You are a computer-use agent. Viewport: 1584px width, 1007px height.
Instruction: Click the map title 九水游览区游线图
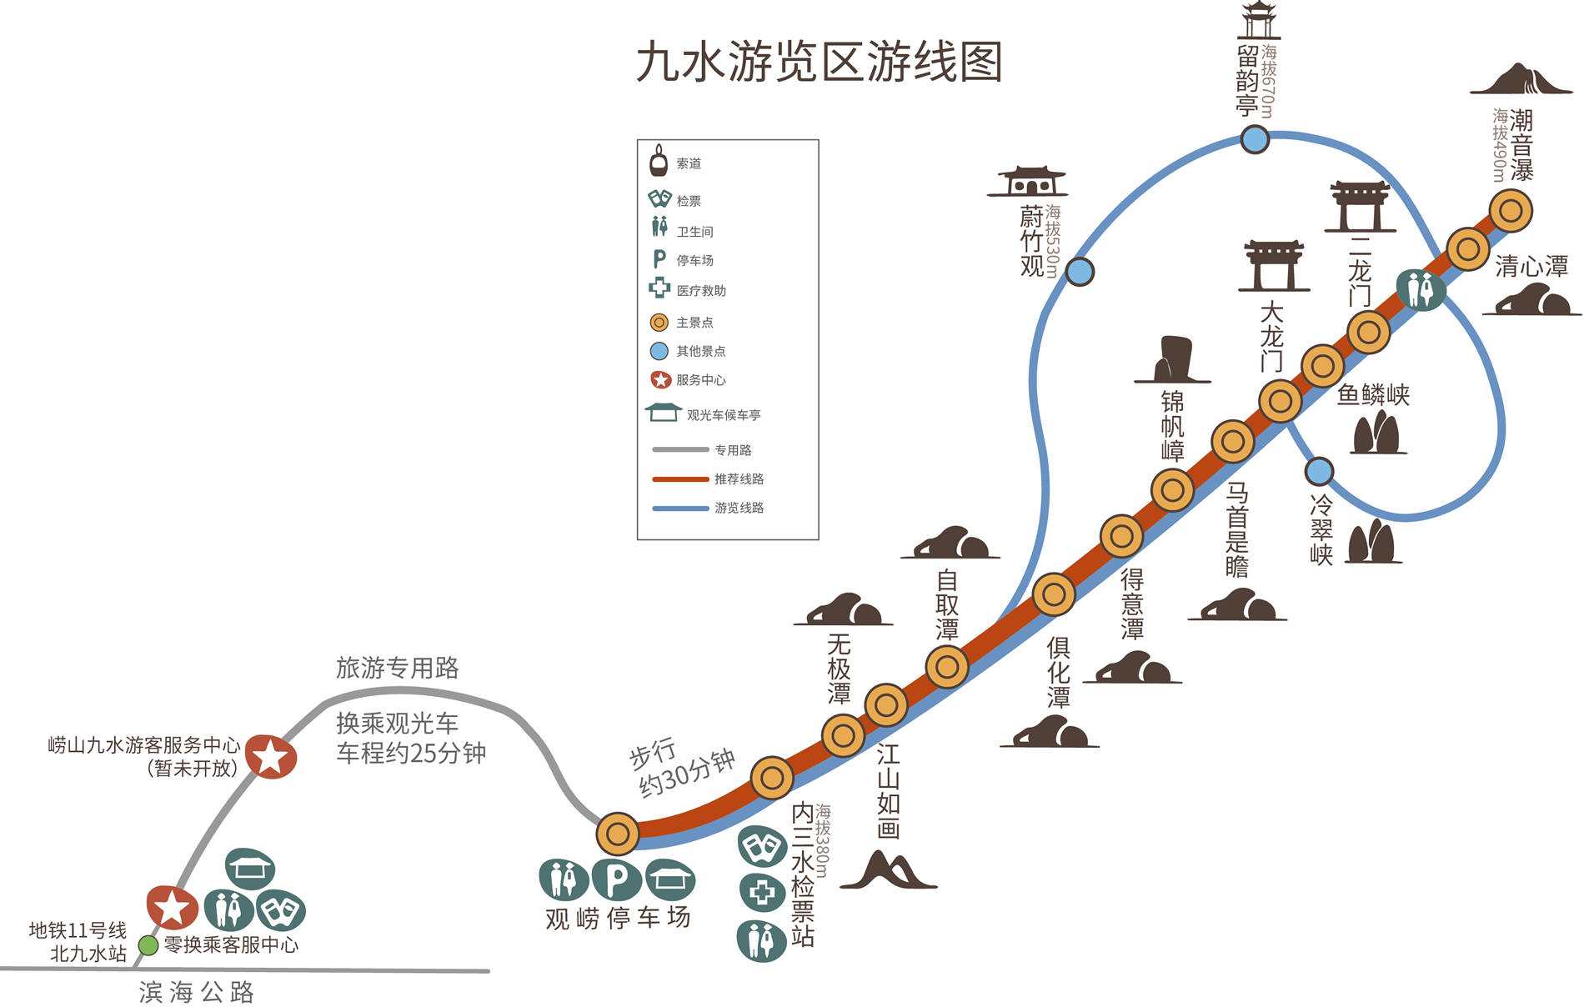tap(819, 63)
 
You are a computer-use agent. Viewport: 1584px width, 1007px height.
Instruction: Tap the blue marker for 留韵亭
tap(1255, 138)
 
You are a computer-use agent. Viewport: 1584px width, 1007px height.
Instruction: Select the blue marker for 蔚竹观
tap(1080, 272)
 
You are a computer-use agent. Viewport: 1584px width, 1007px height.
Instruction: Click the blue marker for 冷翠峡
tap(1319, 472)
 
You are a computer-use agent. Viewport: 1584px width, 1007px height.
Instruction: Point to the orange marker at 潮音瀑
tap(1511, 211)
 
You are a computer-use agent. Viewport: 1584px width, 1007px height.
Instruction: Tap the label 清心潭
tap(1531, 267)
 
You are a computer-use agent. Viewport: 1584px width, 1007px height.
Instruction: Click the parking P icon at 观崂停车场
tap(616, 879)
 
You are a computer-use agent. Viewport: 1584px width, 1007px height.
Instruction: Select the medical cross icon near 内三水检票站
tap(762, 894)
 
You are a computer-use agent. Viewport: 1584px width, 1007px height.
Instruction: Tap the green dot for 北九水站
tap(148, 945)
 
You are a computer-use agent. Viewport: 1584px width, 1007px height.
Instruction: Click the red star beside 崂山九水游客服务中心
tap(271, 758)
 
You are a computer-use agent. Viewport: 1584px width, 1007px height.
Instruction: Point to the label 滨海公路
tap(197, 992)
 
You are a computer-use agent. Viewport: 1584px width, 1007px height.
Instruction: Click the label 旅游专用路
tap(397, 668)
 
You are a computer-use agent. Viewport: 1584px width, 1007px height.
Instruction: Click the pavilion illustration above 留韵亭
tap(1259, 20)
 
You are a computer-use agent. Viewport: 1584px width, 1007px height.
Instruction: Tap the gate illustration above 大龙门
tap(1273, 266)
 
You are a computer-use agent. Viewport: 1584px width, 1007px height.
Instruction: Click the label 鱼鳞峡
tap(1373, 395)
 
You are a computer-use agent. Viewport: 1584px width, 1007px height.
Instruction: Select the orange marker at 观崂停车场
tap(618, 834)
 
